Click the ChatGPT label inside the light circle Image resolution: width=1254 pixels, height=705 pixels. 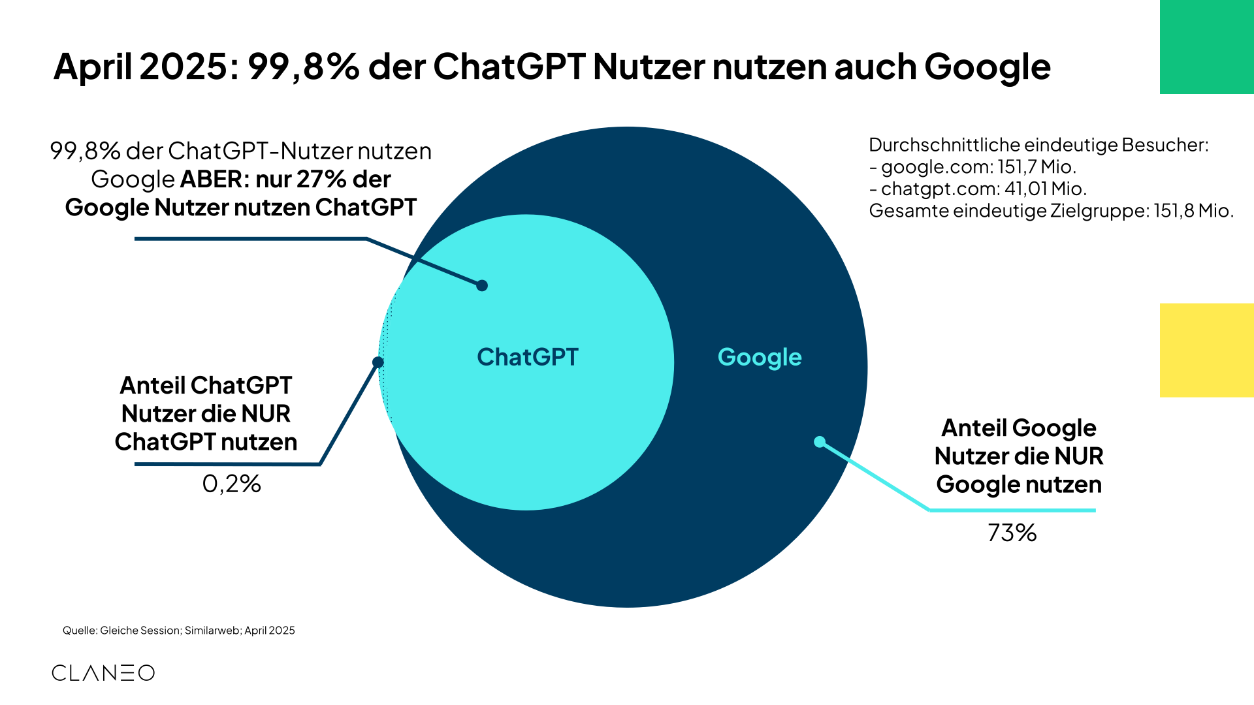tap(528, 357)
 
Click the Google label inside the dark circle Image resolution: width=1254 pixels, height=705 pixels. tap(760, 357)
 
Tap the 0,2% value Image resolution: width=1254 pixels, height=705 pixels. tap(231, 484)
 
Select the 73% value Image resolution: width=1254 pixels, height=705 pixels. tap(1012, 533)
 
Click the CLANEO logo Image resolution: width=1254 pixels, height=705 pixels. tap(103, 673)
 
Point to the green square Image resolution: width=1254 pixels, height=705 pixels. tap(1206, 47)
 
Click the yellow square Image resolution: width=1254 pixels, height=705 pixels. tap(1206, 350)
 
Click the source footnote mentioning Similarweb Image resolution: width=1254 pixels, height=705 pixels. tap(178, 631)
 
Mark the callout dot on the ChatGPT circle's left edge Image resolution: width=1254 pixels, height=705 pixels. tap(378, 362)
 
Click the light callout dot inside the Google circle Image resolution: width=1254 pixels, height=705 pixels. tap(820, 442)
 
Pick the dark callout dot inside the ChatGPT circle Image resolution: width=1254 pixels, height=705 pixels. tap(482, 285)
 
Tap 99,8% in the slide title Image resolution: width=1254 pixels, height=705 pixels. tap(303, 67)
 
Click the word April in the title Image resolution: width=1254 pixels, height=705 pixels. tap(93, 67)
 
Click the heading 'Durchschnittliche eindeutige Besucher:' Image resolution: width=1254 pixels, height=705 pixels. tap(1038, 145)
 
